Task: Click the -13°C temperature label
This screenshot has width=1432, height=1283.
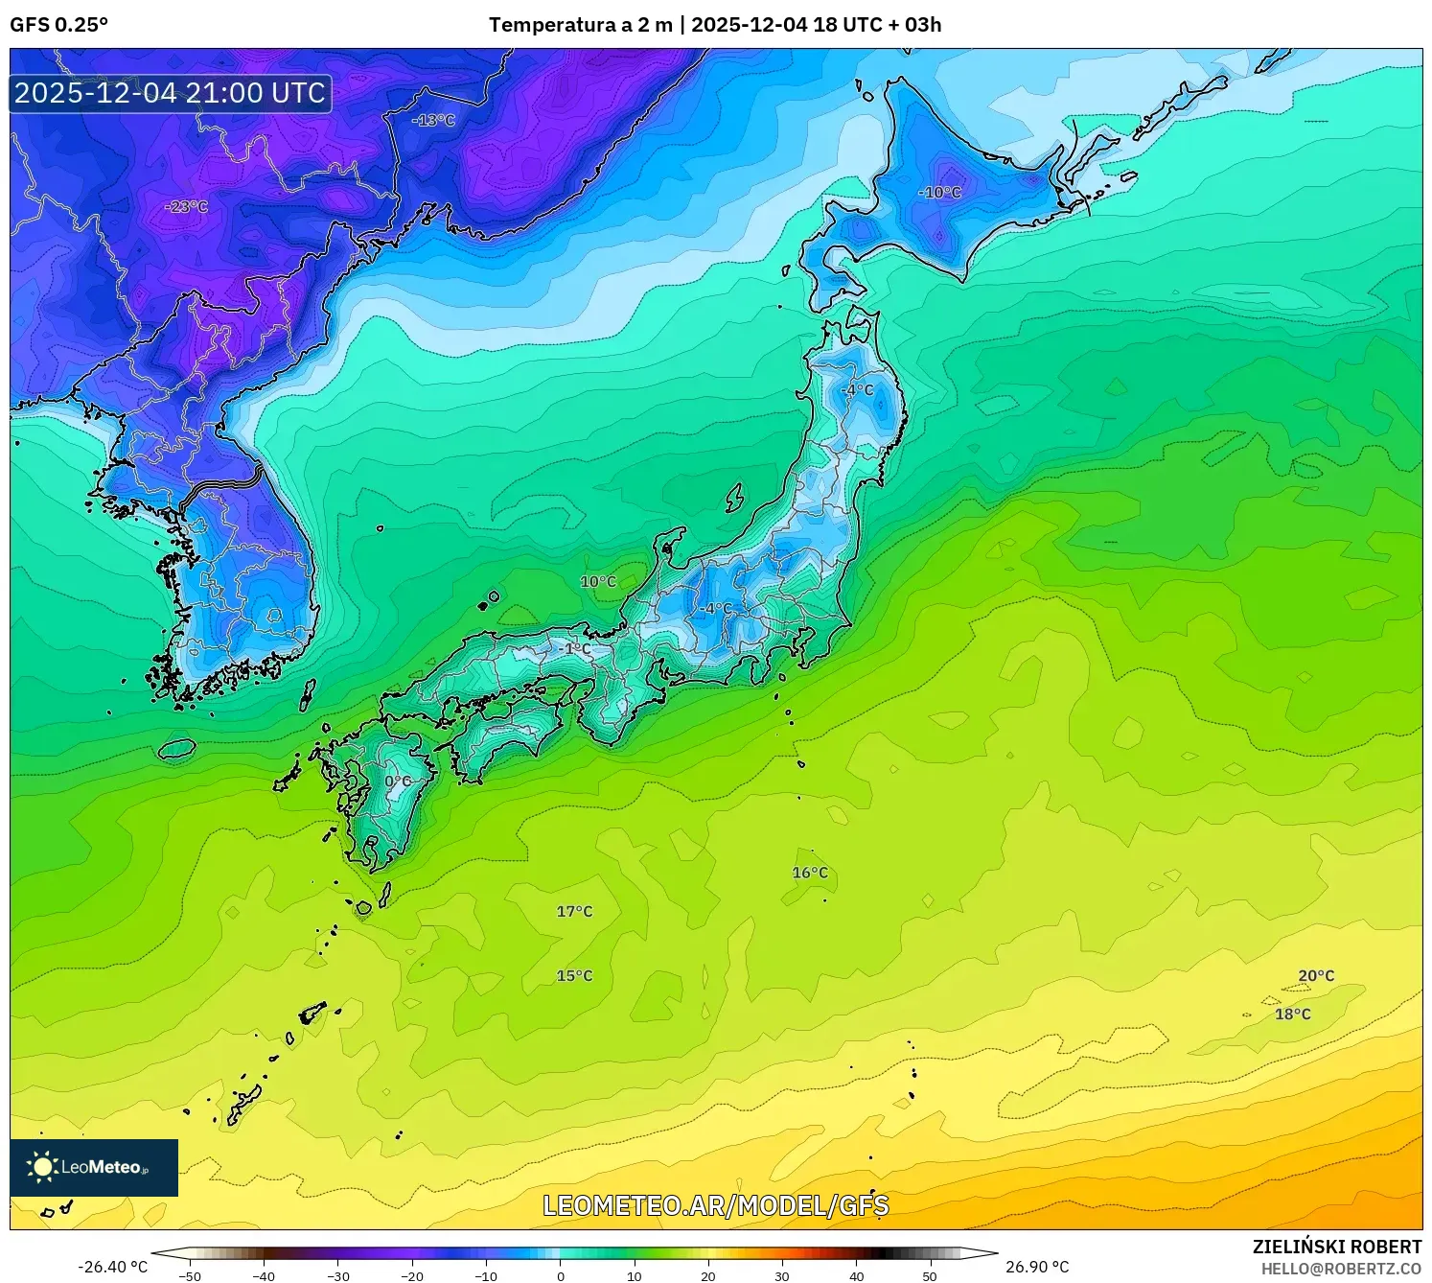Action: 433,121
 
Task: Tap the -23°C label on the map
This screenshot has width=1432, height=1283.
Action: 186,206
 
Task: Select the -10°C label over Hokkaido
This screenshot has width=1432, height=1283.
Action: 939,193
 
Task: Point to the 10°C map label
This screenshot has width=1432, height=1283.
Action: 598,582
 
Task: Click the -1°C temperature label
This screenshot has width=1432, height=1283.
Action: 575,649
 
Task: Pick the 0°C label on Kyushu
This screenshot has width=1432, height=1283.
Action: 398,781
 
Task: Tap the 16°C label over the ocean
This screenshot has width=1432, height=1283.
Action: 810,873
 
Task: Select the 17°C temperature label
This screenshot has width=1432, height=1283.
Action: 574,911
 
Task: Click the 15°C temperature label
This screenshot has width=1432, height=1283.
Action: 574,976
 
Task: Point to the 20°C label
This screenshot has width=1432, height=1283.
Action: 1316,976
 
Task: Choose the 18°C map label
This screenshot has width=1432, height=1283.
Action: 1292,1015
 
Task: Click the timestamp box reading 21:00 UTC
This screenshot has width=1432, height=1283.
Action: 171,93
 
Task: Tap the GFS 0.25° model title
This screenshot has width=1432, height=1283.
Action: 58,25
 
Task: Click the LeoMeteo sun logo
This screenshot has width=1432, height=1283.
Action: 42,1167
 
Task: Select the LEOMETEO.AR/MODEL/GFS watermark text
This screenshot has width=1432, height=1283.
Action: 715,1205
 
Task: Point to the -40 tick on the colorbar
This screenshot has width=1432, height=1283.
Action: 264,1276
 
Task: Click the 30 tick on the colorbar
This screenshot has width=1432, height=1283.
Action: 782,1276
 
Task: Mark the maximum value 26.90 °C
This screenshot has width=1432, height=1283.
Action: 1037,1267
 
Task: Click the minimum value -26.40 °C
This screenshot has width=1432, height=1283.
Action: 113,1267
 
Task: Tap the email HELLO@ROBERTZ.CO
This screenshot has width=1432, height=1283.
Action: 1341,1269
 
